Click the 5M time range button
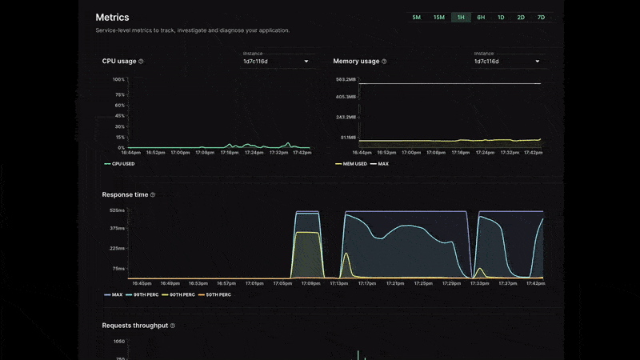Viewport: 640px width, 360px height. coord(416,17)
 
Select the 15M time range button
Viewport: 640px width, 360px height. coord(439,17)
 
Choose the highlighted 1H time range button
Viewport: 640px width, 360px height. coord(461,17)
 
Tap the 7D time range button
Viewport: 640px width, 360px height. coord(541,17)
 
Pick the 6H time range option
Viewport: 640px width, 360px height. coord(481,17)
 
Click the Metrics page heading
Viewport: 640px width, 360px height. coord(112,17)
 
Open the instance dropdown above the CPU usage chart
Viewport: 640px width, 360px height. coord(276,61)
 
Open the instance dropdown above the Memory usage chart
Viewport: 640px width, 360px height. coord(506,61)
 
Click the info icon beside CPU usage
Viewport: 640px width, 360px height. coord(141,62)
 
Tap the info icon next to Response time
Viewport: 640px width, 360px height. coord(153,194)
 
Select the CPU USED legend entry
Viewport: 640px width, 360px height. coord(122,164)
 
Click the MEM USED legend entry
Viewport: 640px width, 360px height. coord(353,164)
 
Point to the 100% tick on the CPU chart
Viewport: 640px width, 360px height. coord(118,79)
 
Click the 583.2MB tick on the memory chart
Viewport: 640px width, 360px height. coord(346,79)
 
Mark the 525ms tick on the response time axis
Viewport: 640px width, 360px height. coord(117,210)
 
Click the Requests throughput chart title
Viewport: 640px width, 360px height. coord(134,326)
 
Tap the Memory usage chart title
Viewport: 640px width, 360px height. coord(356,61)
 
